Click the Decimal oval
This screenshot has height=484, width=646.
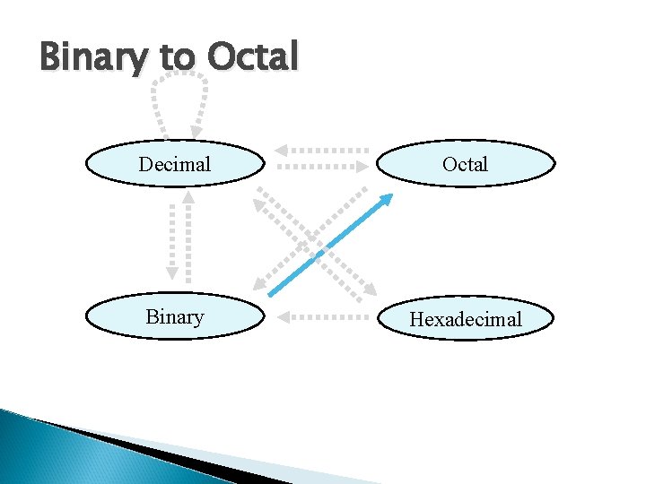175,164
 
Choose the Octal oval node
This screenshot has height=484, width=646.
465,164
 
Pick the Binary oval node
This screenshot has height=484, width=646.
175,317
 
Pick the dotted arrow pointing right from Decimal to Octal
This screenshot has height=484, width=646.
323,166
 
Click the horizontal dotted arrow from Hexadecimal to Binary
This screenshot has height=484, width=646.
323,315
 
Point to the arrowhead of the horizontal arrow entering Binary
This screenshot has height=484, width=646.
282,315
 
